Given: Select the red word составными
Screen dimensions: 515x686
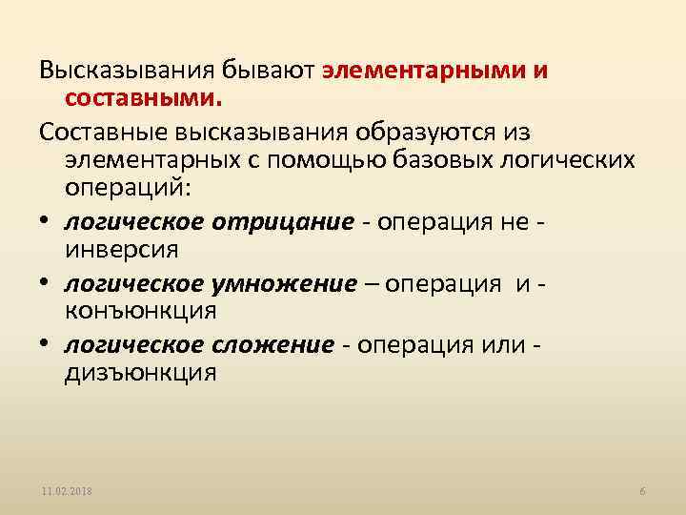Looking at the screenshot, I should click(142, 97).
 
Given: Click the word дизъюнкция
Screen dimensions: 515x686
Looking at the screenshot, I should click(140, 373).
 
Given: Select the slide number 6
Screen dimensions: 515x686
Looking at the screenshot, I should click(642, 490).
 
